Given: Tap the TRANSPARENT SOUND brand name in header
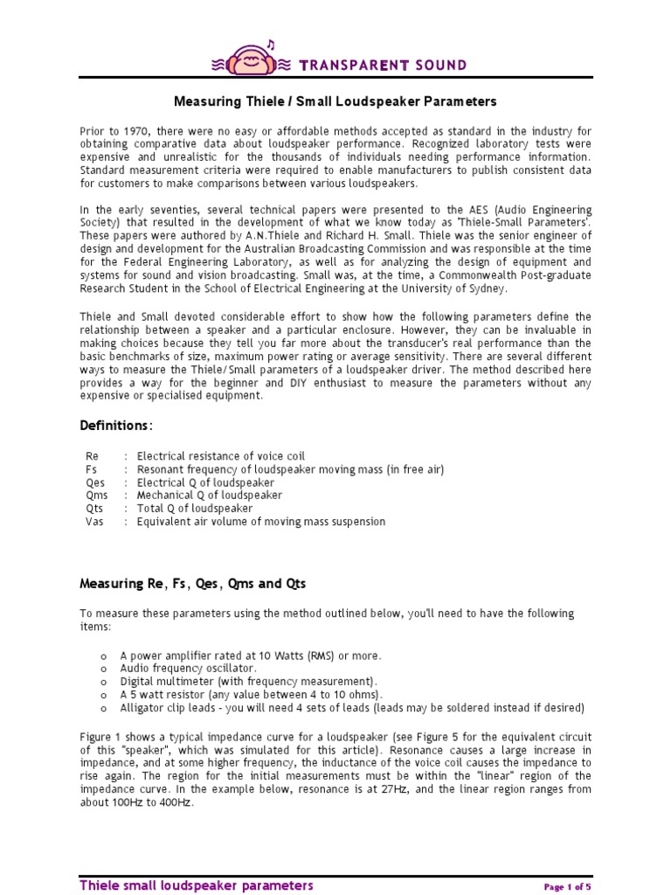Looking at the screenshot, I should coord(383,66).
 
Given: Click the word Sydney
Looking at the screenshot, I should coord(488,288).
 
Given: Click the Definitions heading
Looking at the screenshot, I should coord(116,425).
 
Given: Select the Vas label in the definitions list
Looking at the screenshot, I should coord(94,522).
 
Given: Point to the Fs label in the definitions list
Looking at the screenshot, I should coord(92,469).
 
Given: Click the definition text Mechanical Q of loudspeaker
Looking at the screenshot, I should coord(210,496).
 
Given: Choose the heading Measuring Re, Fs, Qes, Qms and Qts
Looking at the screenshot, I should coord(193,583).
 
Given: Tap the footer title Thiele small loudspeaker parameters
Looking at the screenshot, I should coord(196,885).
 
